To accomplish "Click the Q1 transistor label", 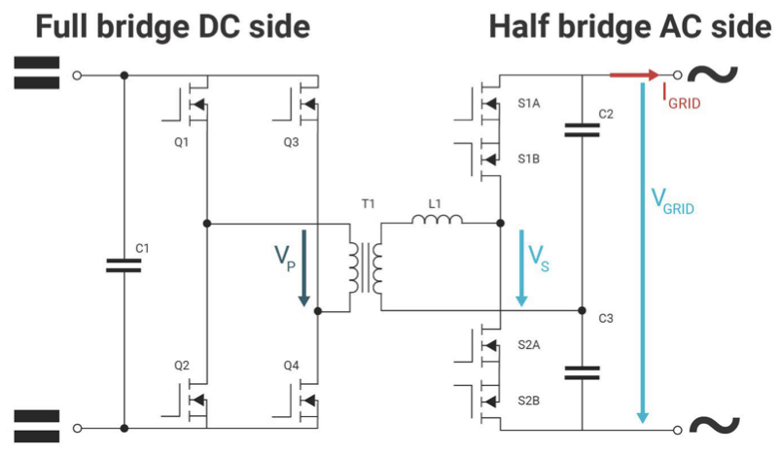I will (182, 140).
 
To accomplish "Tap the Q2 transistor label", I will (182, 366).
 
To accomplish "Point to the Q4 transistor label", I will (292, 366).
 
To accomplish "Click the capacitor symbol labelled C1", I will (124, 265).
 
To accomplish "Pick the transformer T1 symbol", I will (364, 266).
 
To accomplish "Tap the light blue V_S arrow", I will (521, 267).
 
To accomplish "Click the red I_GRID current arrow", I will (633, 74).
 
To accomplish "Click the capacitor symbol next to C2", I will (582, 129).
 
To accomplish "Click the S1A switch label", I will (531, 102).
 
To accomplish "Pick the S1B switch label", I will (531, 157).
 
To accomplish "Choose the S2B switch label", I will (531, 399).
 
